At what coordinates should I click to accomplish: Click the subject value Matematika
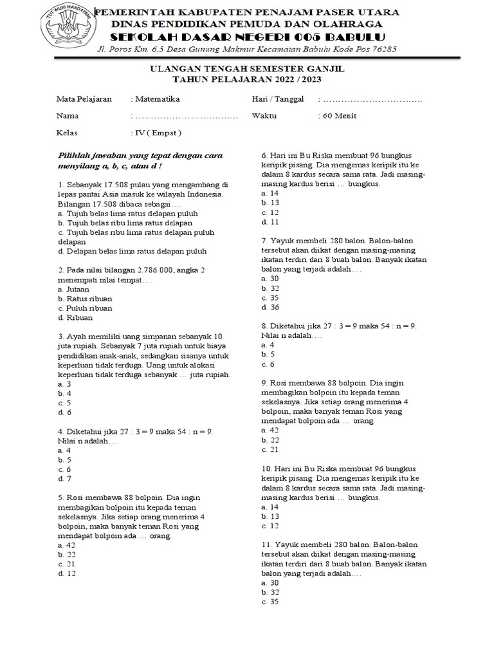156,99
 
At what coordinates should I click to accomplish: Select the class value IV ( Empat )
156,133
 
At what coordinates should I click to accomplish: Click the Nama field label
68,116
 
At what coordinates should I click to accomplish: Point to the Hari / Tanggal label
277,99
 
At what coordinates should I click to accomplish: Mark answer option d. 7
64,479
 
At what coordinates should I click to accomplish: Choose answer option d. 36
270,307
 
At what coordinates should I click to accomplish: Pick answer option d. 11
270,222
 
